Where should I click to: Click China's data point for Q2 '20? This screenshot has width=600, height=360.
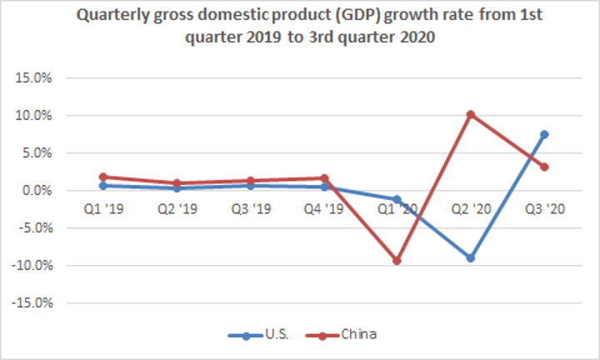(x=471, y=114)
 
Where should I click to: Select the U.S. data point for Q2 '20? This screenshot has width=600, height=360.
(x=471, y=258)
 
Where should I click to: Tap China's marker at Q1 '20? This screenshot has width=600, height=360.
(x=397, y=261)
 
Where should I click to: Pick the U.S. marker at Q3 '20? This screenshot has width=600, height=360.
(x=543, y=134)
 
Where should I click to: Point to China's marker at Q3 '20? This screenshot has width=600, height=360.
(x=543, y=167)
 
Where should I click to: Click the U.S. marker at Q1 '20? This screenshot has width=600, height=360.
(x=397, y=200)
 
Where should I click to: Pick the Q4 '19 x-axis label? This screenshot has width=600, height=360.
(x=324, y=209)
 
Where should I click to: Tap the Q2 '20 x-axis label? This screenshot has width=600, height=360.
(x=471, y=209)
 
